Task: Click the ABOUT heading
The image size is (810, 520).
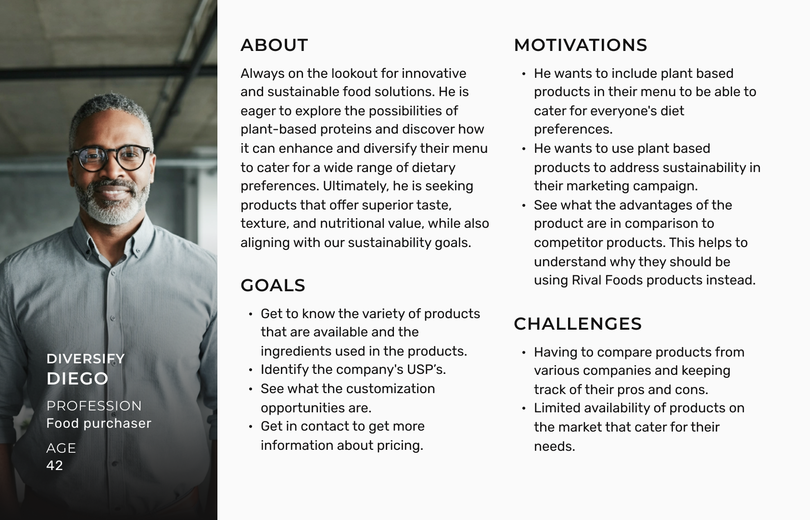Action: coord(274,45)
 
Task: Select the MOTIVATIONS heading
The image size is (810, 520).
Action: coord(581,45)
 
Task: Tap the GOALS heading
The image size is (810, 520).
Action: coord(273,285)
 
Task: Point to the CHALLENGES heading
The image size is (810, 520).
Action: coord(578,324)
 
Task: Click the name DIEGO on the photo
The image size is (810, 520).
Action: coord(77,378)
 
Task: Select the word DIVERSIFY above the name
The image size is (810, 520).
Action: coord(86,359)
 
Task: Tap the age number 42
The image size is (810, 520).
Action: coord(55,465)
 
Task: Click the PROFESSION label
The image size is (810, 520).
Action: coord(94,406)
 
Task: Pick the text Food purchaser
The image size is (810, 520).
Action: coord(99,423)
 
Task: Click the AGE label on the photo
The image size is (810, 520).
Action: coord(61,448)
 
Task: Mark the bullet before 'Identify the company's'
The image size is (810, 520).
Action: coord(251,370)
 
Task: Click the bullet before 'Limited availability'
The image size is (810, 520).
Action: coord(524,409)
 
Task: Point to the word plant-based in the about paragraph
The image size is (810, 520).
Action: coord(278,129)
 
